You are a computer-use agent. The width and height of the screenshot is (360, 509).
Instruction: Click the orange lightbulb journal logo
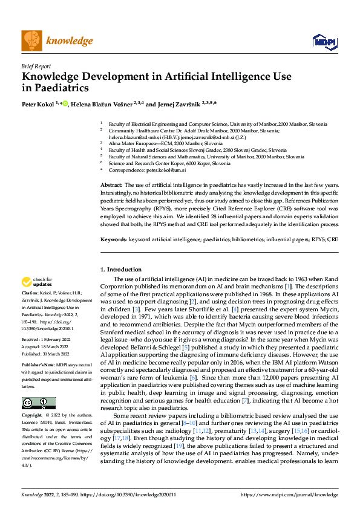point(31,41)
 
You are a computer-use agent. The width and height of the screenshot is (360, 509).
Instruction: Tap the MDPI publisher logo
point(321,41)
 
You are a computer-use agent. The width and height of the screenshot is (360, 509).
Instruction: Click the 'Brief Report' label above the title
point(36,66)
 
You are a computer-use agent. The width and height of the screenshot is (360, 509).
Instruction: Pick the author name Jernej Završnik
point(180,104)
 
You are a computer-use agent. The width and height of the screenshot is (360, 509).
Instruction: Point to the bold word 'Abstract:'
point(111,184)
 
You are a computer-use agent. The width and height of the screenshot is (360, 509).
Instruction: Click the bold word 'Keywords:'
point(114,239)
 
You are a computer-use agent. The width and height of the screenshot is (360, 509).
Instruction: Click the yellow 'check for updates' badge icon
point(27,281)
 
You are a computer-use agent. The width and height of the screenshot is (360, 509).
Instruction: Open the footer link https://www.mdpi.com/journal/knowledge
point(290,494)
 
